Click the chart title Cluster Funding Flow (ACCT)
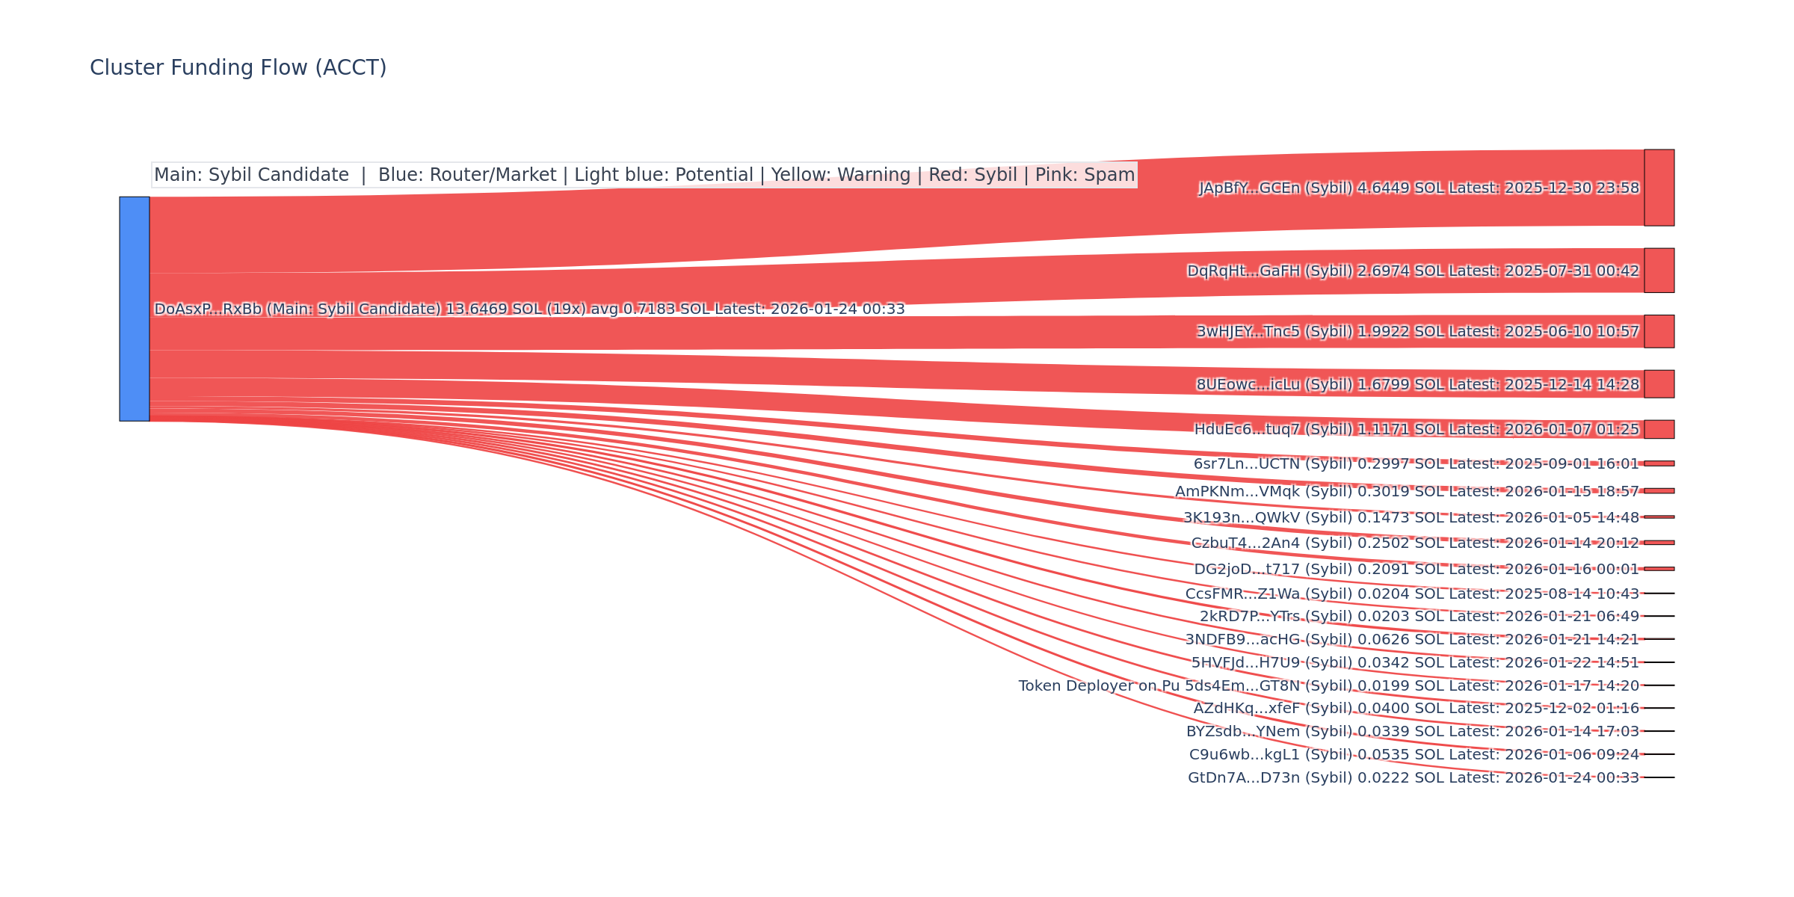[238, 68]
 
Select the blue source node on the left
[135, 309]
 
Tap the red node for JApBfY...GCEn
[1659, 188]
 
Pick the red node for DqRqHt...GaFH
[1659, 271]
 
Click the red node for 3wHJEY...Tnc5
[1659, 331]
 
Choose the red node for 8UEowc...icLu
[1659, 384]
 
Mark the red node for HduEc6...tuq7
[1659, 429]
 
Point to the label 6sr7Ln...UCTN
[1247, 464]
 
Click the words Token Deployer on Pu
[1099, 686]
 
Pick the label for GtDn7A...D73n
[1244, 778]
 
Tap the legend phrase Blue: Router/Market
[467, 175]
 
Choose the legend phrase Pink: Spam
[1085, 175]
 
